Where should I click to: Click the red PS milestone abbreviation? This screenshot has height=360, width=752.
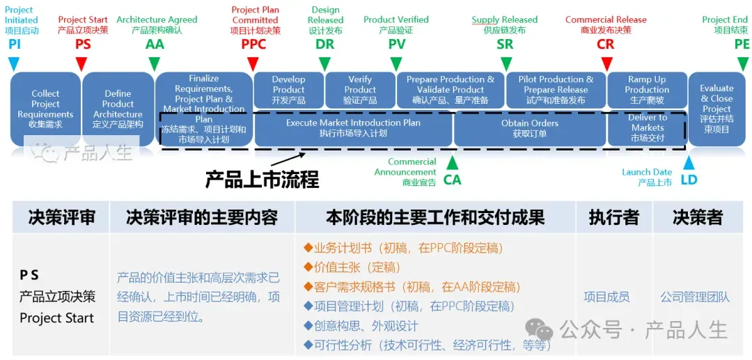pos(83,45)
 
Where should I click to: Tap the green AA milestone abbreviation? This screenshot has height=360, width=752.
pos(155,45)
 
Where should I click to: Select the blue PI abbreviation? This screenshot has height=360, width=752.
pos(14,45)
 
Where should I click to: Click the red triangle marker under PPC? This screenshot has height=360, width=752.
pos(253,63)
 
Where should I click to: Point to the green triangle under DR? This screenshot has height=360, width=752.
pos(324,63)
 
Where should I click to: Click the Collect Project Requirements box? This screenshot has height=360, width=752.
pos(45,109)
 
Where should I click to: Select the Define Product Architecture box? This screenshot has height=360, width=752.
pos(118,109)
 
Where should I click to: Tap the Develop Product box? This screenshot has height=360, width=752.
pos(288,90)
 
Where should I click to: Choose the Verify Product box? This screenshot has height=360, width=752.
pos(360,90)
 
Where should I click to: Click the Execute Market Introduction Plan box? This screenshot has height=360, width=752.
pos(353,128)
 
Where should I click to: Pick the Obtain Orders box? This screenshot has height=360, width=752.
pos(529,128)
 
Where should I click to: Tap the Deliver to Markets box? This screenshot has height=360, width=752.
pos(648,128)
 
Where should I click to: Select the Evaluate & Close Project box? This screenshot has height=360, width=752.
pos(716,109)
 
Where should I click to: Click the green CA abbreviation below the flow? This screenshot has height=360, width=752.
pos(452,180)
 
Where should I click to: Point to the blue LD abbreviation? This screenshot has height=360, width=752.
pos(689,180)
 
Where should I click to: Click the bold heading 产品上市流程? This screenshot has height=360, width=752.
pos(262,179)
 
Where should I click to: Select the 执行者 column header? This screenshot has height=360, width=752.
pos(613,217)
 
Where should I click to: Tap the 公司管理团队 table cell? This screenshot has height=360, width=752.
pos(695,297)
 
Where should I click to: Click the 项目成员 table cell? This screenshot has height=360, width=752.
pos(606,297)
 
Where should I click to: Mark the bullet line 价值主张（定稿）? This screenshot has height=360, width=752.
pos(357,267)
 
